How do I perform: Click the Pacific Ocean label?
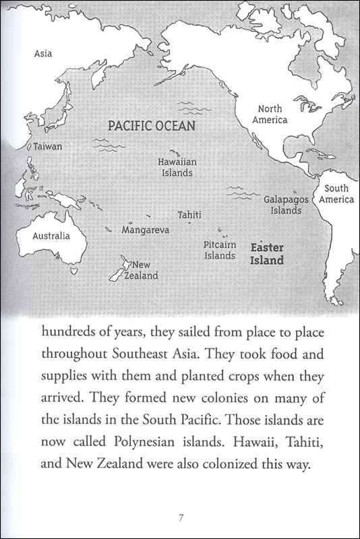pos(152,125)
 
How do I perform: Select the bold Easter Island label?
pos(267,253)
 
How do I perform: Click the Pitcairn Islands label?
pos(220,250)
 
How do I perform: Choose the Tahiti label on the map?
pos(189,214)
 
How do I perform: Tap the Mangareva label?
pos(144,230)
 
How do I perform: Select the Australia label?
pos(51,236)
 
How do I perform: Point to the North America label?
pos(270,115)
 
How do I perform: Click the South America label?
pos(336,194)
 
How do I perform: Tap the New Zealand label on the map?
pos(145,270)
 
